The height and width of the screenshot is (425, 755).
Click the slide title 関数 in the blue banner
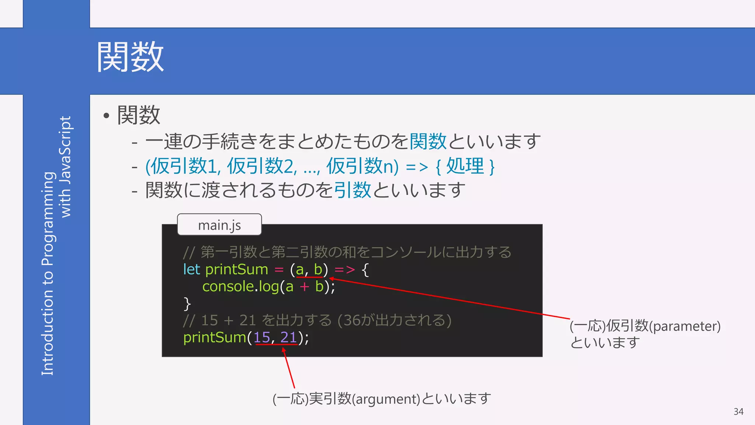pos(130,57)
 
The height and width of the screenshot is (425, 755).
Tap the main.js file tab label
pos(219,225)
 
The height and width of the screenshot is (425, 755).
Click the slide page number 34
pos(738,412)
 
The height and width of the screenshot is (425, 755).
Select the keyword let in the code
pos(191,270)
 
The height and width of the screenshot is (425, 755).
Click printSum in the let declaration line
pos(236,270)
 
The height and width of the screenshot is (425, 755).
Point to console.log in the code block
pos(240,287)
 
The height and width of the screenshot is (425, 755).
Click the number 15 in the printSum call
pos(262,338)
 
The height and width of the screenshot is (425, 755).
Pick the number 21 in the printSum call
pos(289,338)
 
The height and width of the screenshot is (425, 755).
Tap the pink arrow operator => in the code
pos(345,270)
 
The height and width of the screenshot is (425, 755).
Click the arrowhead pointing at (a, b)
pos(331,279)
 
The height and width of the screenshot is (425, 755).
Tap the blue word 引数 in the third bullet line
pos(352,190)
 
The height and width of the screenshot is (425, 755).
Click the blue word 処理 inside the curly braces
pos(465,166)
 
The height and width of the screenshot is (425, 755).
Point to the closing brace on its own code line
pos(187,304)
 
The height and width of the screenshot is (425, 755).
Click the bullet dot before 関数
pos(107,116)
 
